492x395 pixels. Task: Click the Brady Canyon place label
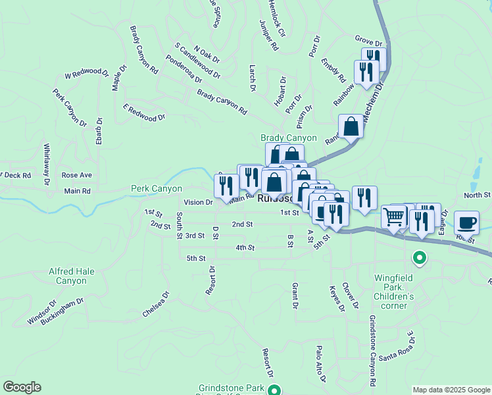[x=288, y=138]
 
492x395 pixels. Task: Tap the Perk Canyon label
[x=156, y=189]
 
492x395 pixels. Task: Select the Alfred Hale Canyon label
[x=76, y=276]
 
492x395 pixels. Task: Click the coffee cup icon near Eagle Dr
[x=466, y=222]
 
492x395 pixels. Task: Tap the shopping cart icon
[x=394, y=215]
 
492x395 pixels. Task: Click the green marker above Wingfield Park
[x=418, y=257]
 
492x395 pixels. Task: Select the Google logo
[x=22, y=387]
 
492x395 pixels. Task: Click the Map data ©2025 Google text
[x=451, y=390]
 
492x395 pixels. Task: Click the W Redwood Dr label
[x=86, y=73]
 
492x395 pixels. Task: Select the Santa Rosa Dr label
[x=394, y=348]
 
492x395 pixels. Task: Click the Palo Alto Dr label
[x=320, y=364]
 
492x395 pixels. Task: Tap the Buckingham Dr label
[x=62, y=311]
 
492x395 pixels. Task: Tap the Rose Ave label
[x=76, y=176]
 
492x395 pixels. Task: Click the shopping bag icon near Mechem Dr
[x=351, y=126]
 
